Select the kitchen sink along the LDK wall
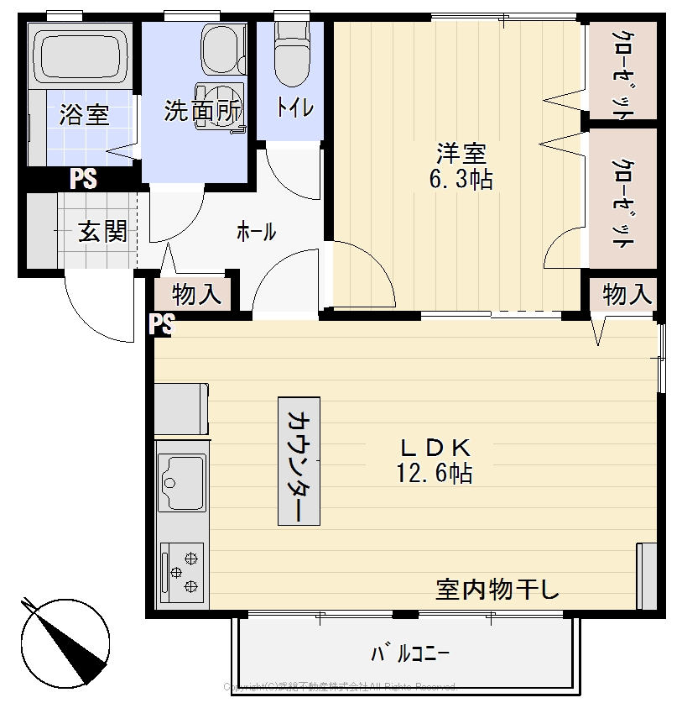click(182, 482)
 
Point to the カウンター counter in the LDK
click(299, 460)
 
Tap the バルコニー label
click(410, 653)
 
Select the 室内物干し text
click(497, 590)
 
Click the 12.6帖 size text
click(434, 474)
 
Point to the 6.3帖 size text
click(461, 179)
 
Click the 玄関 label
click(102, 232)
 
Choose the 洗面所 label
click(201, 112)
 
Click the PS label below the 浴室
click(83, 178)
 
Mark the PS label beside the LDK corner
click(161, 324)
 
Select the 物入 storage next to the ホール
click(196, 294)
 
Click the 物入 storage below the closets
click(626, 294)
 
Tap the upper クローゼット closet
click(622, 71)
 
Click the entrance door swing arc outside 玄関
click(99, 311)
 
